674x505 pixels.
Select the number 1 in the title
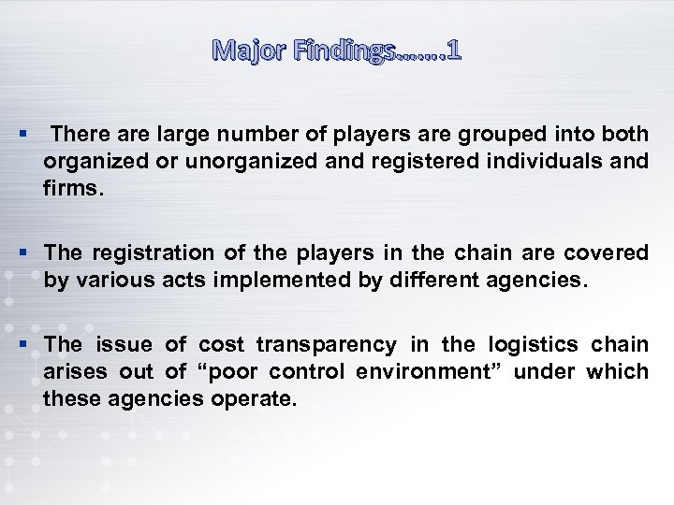pos(453,51)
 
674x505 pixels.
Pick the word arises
pos(73,370)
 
